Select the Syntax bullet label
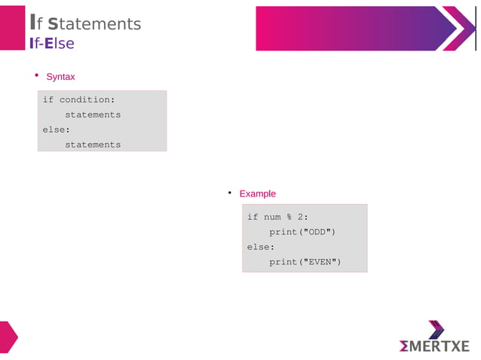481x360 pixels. coord(60,77)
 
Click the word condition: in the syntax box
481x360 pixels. coord(87,100)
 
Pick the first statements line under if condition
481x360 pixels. coord(93,114)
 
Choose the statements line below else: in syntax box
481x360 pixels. coord(93,145)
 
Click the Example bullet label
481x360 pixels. coord(257,194)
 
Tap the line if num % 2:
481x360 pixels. coord(277,217)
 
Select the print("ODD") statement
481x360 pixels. coord(302,232)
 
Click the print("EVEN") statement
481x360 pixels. coord(305,262)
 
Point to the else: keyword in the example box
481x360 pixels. coord(261,247)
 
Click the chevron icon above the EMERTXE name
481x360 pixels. coord(436,330)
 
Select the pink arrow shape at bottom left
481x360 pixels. coord(7,337)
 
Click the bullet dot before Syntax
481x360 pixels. coord(36,76)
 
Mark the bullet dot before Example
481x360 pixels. coord(229,193)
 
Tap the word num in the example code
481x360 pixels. coord(272,217)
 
